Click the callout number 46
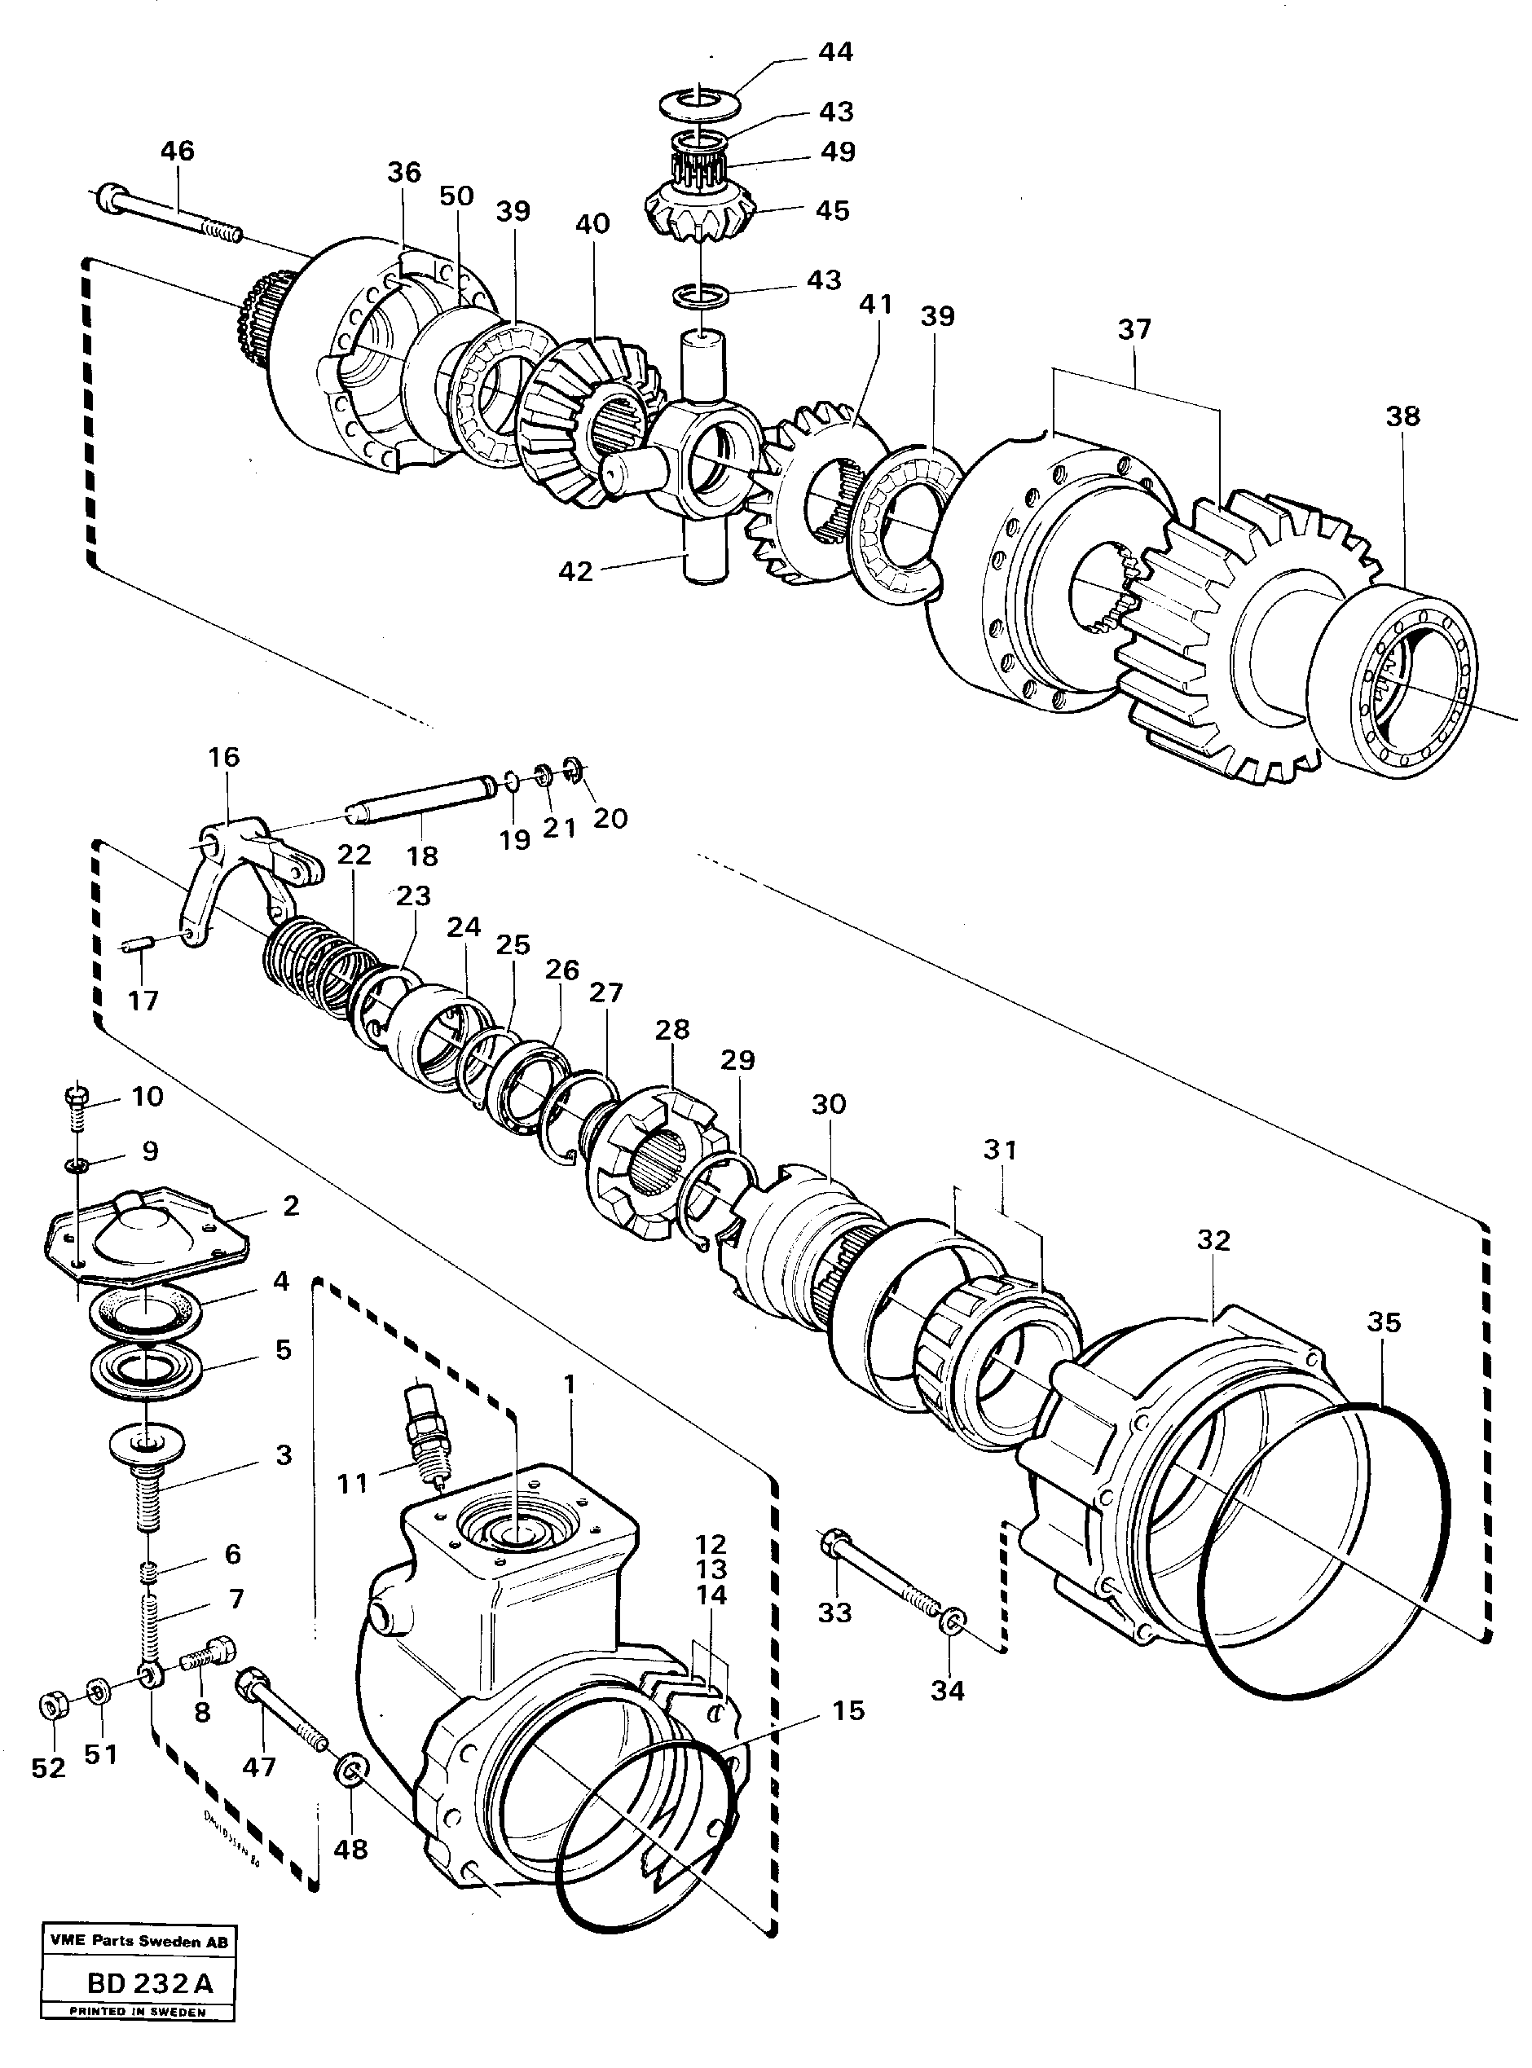click(x=178, y=152)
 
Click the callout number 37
click(x=1134, y=329)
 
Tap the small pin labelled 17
click(x=137, y=946)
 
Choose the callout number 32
click(x=1214, y=1240)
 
